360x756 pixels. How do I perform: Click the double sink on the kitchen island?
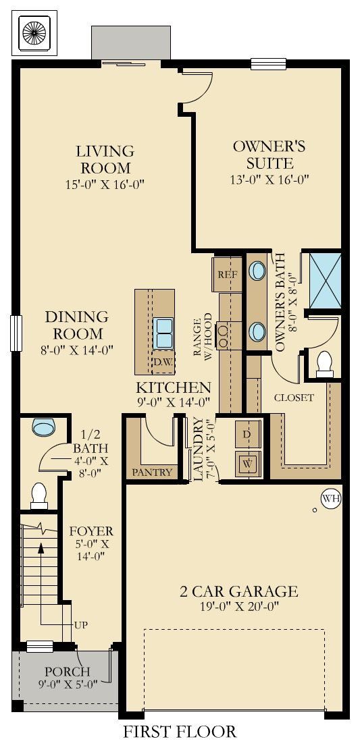pos(163,333)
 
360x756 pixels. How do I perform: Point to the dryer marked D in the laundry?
pos(248,435)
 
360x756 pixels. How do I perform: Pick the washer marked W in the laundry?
pos(248,464)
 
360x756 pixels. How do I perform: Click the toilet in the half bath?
pos(38,496)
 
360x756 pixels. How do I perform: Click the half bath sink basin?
pos(44,427)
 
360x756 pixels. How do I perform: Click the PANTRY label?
pos(152,473)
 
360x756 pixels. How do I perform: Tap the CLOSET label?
pos(294,398)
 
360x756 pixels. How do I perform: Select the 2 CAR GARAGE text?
pos(239,591)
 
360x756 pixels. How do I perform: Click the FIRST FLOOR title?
pos(180,732)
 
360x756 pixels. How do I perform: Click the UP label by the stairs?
pos(80,625)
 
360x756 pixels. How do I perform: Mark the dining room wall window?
pos(16,333)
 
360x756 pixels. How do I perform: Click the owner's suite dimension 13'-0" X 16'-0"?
pos(269,180)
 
